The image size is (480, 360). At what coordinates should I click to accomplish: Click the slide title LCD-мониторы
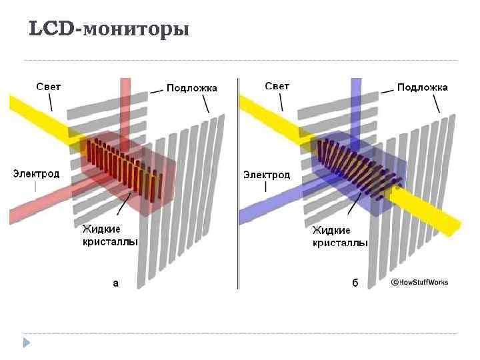[x=109, y=29]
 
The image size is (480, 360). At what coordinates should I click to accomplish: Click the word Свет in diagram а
[x=48, y=87]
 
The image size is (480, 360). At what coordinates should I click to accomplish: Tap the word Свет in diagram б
[x=277, y=86]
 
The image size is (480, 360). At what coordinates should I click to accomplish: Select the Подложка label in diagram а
[x=191, y=88]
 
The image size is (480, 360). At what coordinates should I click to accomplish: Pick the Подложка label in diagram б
[x=423, y=87]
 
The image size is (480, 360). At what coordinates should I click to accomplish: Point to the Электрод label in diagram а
[x=36, y=173]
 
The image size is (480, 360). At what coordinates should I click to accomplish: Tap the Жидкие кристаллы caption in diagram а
[x=110, y=235]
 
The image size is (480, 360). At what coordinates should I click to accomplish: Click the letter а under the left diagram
[x=116, y=283]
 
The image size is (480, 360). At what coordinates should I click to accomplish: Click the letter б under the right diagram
[x=355, y=283]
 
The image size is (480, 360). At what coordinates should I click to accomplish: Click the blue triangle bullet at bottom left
[x=27, y=343]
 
